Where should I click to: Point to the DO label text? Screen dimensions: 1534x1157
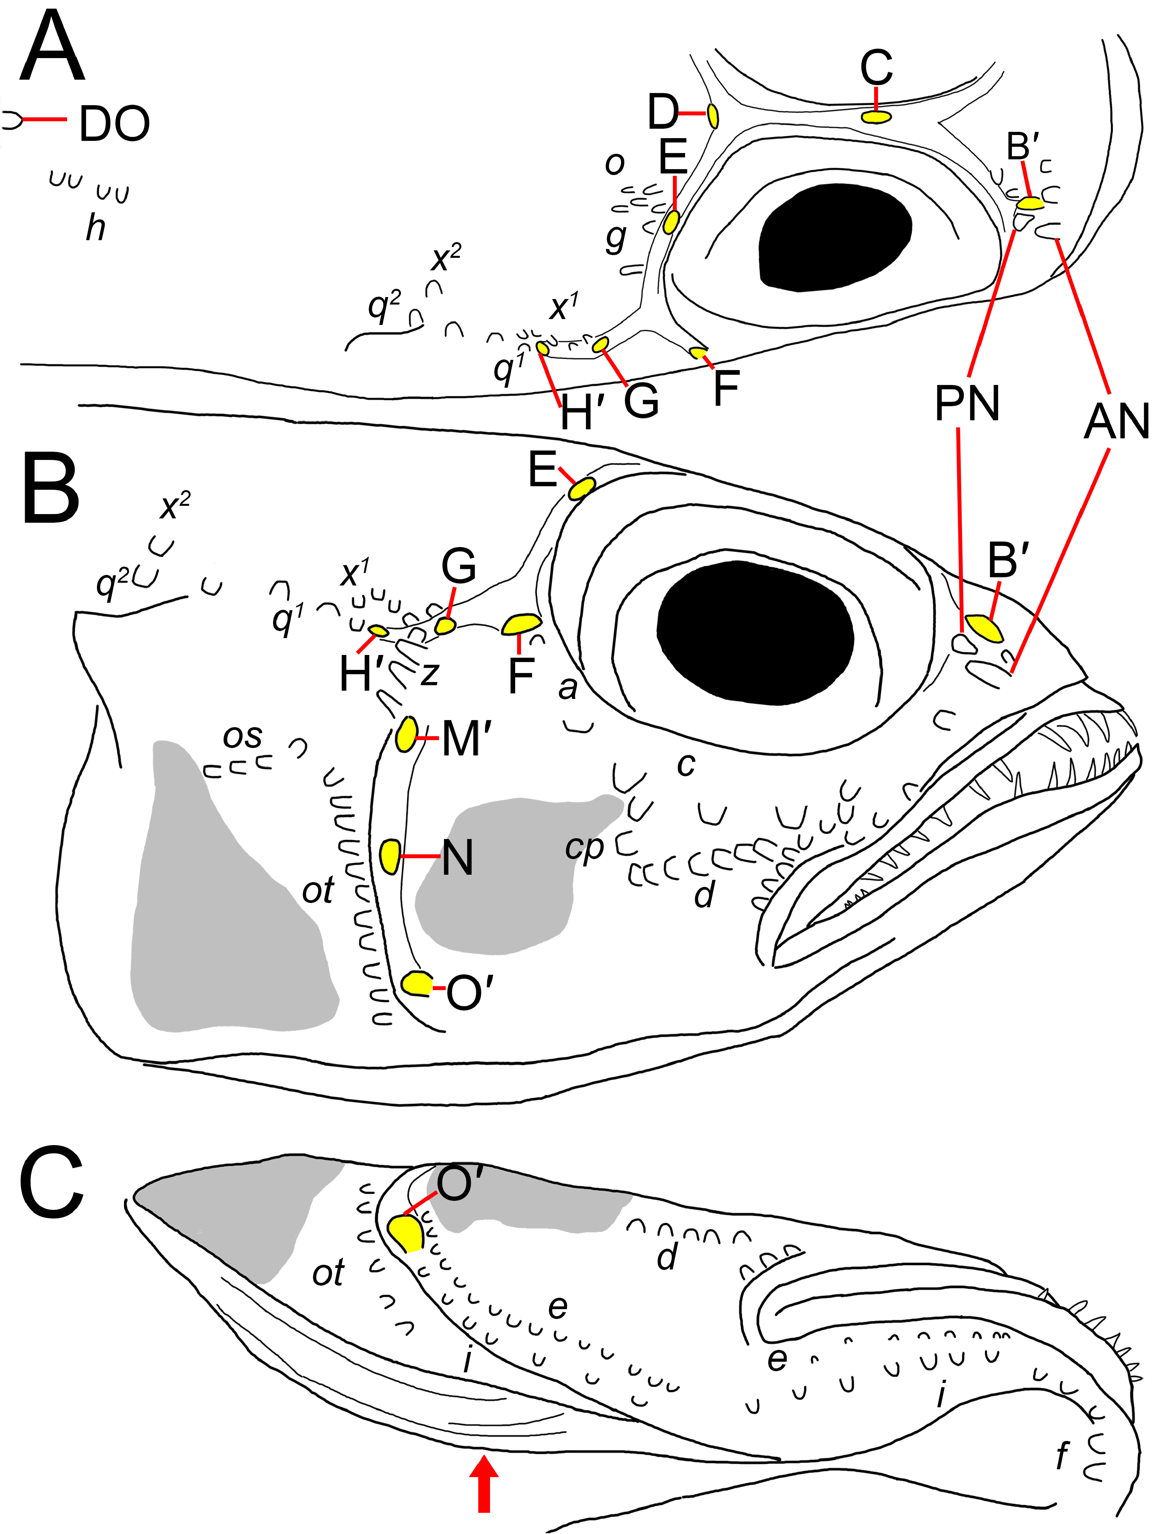tap(115, 124)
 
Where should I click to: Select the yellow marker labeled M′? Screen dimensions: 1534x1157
tap(406, 734)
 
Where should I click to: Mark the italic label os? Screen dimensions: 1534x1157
tap(242, 737)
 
